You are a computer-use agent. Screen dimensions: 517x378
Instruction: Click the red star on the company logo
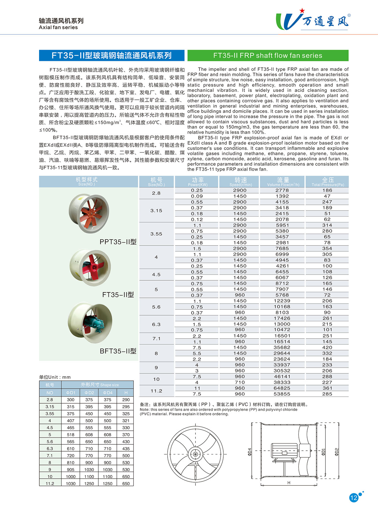(x=302, y=11)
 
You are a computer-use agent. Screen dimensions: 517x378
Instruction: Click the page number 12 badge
(x=354, y=497)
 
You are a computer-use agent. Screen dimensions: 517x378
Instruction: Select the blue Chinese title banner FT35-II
(x=112, y=55)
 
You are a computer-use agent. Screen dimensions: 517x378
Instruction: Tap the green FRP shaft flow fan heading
(x=268, y=55)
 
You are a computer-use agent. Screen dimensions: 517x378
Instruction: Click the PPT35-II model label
(x=118, y=242)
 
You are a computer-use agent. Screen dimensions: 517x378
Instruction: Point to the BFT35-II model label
(x=118, y=351)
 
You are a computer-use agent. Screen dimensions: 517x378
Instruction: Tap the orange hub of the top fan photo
(x=91, y=214)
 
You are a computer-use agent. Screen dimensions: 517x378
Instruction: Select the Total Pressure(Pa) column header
(x=327, y=182)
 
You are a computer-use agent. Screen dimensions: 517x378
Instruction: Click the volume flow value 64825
(x=282, y=388)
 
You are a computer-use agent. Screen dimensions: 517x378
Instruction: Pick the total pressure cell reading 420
(x=327, y=347)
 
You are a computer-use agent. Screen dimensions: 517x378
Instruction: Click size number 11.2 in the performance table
(x=156, y=391)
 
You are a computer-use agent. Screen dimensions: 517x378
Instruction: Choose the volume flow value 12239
(x=282, y=301)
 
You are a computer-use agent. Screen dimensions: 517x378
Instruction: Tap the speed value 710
(x=240, y=382)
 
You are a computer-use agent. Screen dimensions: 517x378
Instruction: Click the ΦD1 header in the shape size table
(x=71, y=393)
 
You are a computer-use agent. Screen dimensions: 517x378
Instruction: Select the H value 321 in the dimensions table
(x=126, y=420)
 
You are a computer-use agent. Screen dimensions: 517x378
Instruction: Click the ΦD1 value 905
(x=71, y=470)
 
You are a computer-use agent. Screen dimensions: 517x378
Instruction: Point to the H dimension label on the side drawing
(x=289, y=483)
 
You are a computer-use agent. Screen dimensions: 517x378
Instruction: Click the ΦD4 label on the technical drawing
(x=249, y=452)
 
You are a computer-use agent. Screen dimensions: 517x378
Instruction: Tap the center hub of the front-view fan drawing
(x=195, y=454)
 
